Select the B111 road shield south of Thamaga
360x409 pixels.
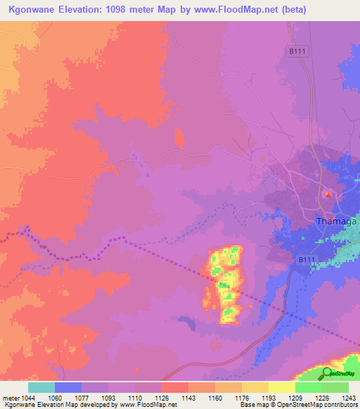(x=304, y=261)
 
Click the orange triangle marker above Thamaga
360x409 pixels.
(x=326, y=193)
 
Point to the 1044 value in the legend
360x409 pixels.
(x=27, y=398)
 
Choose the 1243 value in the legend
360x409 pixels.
(x=349, y=398)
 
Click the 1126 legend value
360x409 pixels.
(x=161, y=398)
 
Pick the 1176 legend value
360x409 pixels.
(x=241, y=398)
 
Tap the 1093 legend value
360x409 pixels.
(x=108, y=398)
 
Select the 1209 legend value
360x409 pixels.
(x=295, y=398)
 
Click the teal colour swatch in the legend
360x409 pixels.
(x=41, y=387)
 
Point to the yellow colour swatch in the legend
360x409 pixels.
(x=281, y=387)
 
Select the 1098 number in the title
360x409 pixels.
(x=136, y=10)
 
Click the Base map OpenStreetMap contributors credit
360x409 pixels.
(x=297, y=405)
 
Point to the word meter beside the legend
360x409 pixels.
(x=11, y=398)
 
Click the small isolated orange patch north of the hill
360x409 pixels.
(x=179, y=138)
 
